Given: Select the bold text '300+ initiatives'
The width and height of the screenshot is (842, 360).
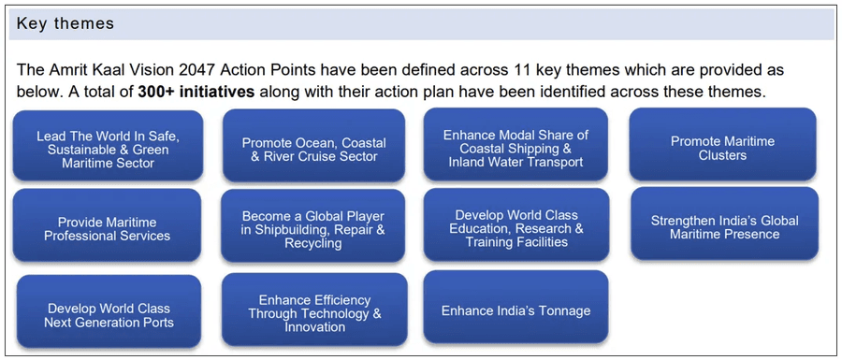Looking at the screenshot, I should point(196,92).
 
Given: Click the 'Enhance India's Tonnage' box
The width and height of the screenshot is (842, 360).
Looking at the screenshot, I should point(515,310).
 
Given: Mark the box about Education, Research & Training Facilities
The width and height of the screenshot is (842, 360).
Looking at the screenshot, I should point(515,226).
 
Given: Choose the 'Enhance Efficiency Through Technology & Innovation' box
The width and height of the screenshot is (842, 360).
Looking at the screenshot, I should point(314,312).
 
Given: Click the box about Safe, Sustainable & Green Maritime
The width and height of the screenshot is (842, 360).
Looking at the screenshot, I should point(108,147).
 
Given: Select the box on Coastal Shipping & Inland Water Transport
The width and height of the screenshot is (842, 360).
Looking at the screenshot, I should point(515,147).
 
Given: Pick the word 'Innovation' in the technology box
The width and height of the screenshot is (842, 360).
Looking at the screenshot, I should point(314,326).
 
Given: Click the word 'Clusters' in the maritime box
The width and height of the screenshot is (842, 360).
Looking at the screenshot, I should point(722,155).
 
